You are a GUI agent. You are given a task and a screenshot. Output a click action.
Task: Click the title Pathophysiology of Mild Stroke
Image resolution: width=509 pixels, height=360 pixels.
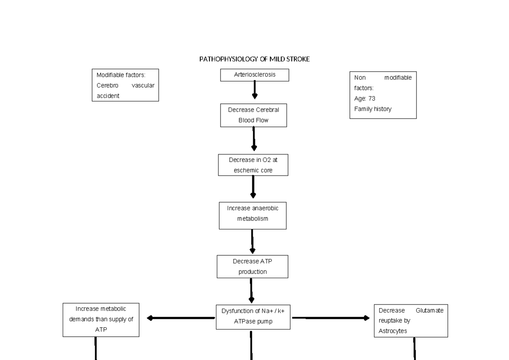point(255,59)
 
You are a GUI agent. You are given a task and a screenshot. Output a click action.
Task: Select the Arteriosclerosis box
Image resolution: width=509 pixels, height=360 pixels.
point(255,75)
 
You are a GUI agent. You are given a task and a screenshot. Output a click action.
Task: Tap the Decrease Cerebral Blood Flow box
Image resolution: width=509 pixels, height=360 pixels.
point(253,115)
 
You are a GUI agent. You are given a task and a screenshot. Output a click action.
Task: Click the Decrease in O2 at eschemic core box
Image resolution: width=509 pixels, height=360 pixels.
point(253,165)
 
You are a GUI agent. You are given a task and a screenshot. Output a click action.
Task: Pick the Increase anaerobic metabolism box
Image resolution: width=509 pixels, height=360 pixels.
point(252,215)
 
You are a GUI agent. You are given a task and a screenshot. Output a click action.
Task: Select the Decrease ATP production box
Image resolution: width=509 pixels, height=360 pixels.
point(252,266)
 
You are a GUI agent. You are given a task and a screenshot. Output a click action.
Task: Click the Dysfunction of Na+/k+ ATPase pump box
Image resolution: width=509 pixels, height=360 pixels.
point(253,316)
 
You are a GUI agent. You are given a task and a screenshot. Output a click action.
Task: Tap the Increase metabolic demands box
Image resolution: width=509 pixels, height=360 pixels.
point(101,319)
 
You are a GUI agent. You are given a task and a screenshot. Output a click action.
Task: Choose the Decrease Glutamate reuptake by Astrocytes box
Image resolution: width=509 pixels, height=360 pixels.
point(411,321)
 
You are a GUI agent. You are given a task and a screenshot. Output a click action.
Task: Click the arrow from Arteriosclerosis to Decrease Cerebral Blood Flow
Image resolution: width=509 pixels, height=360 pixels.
point(255,90)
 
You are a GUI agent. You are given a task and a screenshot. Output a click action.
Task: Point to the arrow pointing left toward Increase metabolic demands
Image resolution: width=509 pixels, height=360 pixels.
point(180,318)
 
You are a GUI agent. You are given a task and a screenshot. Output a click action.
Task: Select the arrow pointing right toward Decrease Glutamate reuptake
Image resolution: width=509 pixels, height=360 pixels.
point(331,318)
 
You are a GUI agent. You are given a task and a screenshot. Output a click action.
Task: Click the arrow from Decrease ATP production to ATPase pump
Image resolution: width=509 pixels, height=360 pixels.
point(252,291)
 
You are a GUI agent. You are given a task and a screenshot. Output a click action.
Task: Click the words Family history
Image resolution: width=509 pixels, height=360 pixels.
point(373,109)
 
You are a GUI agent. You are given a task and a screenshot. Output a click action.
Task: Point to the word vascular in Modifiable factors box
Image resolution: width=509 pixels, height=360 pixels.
point(143,85)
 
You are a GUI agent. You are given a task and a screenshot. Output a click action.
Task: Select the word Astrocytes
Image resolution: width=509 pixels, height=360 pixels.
point(393,331)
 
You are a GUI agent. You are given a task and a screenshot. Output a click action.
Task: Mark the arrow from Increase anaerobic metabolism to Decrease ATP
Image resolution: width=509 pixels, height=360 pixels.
point(252,241)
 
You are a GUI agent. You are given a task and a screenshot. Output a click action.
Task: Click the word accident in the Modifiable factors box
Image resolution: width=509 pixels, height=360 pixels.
point(108,96)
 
